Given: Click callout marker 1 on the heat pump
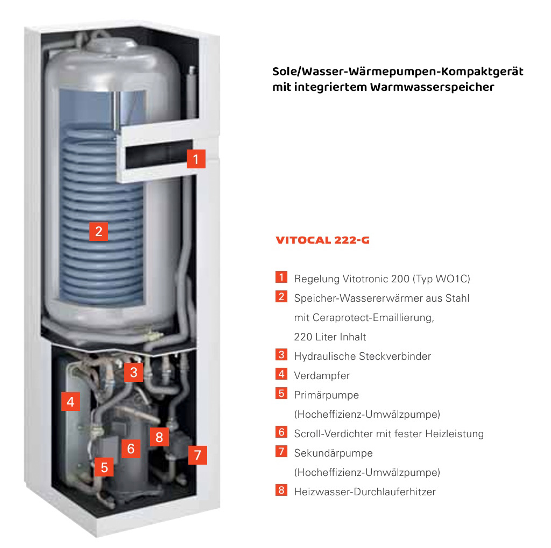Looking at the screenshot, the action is click(x=196, y=159).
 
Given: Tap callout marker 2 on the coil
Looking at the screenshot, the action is click(x=98, y=231).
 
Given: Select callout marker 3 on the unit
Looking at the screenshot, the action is click(x=133, y=372).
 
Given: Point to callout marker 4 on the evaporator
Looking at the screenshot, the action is click(x=70, y=402).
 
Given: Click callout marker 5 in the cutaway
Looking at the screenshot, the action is click(x=104, y=467).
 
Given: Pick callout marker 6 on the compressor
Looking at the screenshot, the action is click(x=131, y=449).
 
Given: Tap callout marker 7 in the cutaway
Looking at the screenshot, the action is click(x=197, y=456).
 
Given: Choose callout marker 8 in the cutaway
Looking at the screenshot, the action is click(x=159, y=437).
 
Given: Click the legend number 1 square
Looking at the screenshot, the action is click(x=281, y=277).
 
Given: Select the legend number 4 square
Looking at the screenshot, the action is click(x=281, y=374).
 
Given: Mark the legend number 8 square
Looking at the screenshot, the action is click(x=281, y=490).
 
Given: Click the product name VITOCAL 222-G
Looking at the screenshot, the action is click(x=323, y=240).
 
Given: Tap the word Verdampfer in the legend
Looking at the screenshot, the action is click(x=322, y=376).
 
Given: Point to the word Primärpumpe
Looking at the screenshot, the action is click(x=327, y=395).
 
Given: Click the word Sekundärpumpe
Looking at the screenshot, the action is click(x=334, y=453).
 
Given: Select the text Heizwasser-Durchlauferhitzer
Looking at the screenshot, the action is click(x=365, y=492).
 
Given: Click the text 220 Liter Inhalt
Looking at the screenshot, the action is click(x=330, y=337).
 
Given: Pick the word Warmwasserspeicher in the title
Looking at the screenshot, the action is click(x=432, y=87).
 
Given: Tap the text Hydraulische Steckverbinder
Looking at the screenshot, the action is click(x=363, y=357).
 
